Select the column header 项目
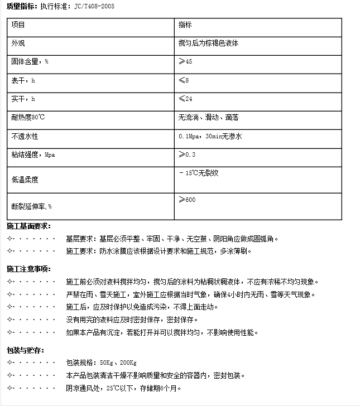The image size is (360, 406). (18, 26)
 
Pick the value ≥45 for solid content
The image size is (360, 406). (185, 61)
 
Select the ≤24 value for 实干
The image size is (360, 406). (185, 99)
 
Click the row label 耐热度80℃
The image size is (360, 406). (27, 118)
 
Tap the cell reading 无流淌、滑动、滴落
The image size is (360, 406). (209, 118)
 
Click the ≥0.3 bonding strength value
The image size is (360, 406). (187, 154)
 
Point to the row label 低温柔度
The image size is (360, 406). (25, 180)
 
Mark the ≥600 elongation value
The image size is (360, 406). (187, 200)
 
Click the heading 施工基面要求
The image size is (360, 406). (28, 226)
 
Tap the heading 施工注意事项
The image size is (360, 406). (28, 269)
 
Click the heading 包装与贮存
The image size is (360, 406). (25, 350)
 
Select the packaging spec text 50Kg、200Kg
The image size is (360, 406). (118, 363)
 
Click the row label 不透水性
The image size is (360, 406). (25, 136)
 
